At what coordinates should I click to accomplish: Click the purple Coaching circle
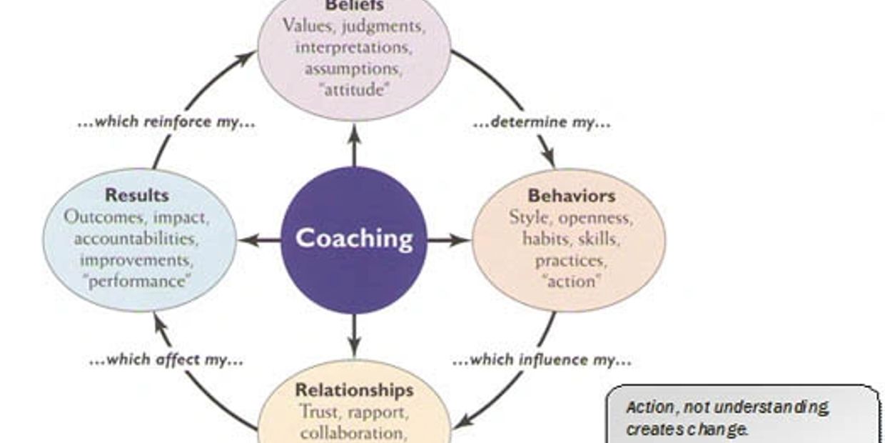tap(354, 239)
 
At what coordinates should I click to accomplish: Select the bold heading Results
tap(137, 194)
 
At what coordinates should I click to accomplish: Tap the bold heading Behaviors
tap(571, 195)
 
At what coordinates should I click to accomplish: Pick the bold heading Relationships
tap(354, 390)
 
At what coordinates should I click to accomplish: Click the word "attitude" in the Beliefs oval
tap(355, 90)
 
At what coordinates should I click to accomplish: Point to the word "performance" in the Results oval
tap(138, 280)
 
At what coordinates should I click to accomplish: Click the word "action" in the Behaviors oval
tap(570, 281)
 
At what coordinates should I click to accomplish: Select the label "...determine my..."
tap(542, 123)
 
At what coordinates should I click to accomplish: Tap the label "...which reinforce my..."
tap(166, 122)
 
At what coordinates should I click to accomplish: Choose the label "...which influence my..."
tap(542, 360)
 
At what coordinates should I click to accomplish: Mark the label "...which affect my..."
tap(166, 360)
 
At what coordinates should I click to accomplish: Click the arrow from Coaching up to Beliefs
tap(354, 143)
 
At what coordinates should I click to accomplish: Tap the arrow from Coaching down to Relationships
tap(354, 336)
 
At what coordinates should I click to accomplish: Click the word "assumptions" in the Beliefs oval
tap(353, 69)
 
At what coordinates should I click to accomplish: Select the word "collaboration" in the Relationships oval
tap(350, 433)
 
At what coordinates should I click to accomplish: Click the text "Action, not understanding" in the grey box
tap(727, 407)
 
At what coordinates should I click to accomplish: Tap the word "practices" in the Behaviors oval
tap(570, 259)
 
